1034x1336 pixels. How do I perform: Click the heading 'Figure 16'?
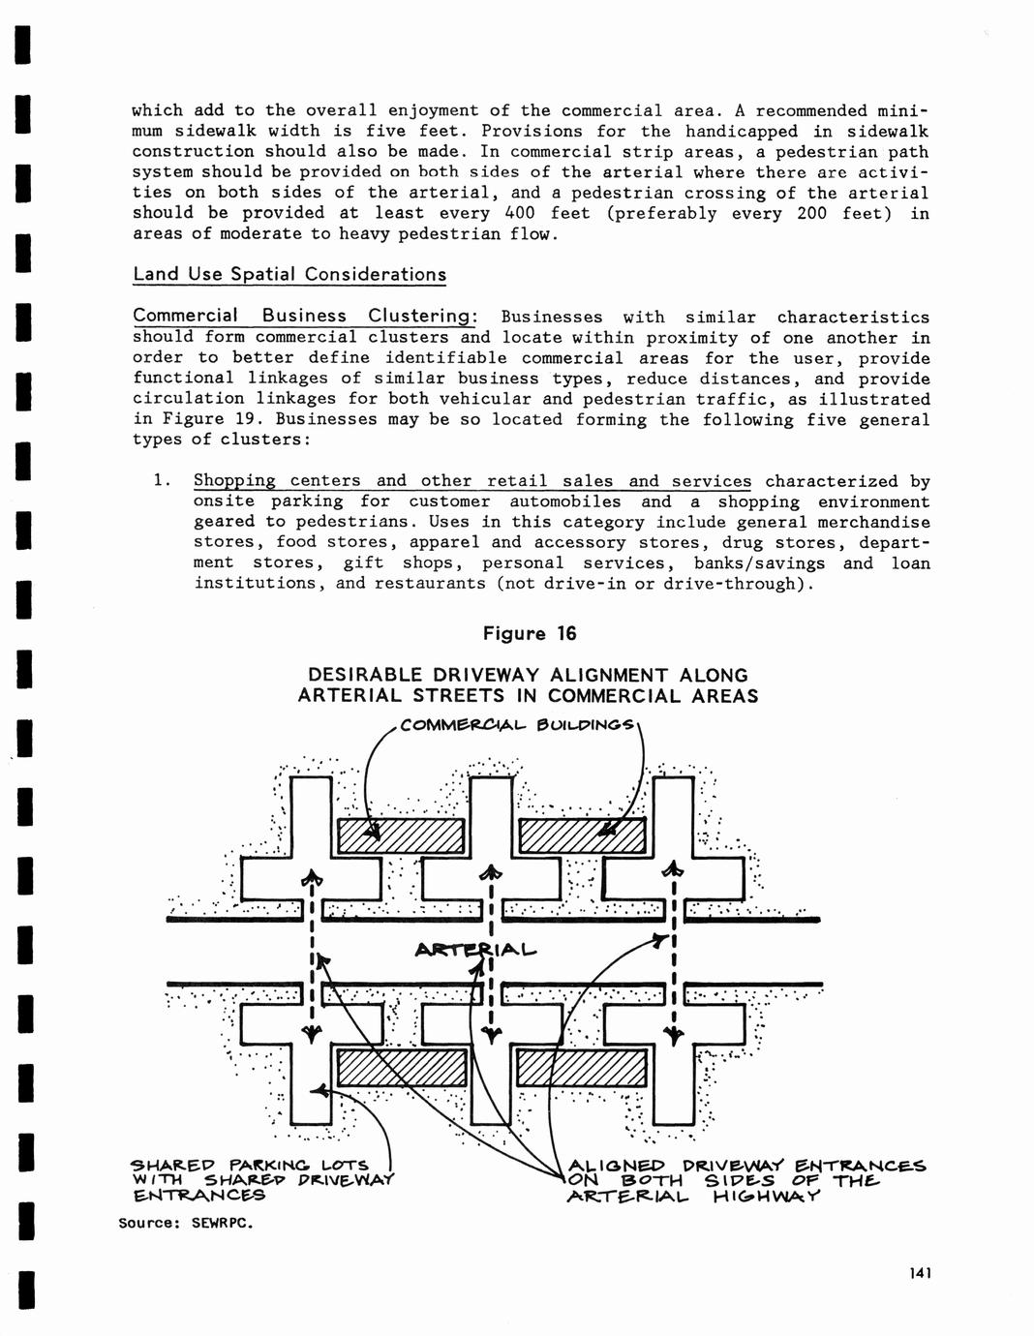click(530, 634)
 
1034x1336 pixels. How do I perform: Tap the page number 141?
click(919, 1274)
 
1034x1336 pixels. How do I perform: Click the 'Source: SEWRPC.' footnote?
click(186, 1223)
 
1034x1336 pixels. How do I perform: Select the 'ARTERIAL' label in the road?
click(474, 950)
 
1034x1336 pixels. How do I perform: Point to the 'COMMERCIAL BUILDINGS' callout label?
click(517, 725)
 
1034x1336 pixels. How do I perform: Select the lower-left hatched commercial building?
click(401, 1068)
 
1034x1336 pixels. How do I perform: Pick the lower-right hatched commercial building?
click(583, 1068)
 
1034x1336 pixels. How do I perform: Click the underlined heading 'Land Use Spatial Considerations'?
click(289, 274)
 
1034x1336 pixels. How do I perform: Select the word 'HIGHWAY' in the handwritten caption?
click(766, 1197)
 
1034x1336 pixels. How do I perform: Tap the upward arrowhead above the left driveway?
click(311, 878)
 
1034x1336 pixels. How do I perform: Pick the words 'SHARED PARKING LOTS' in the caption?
click(249, 1165)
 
